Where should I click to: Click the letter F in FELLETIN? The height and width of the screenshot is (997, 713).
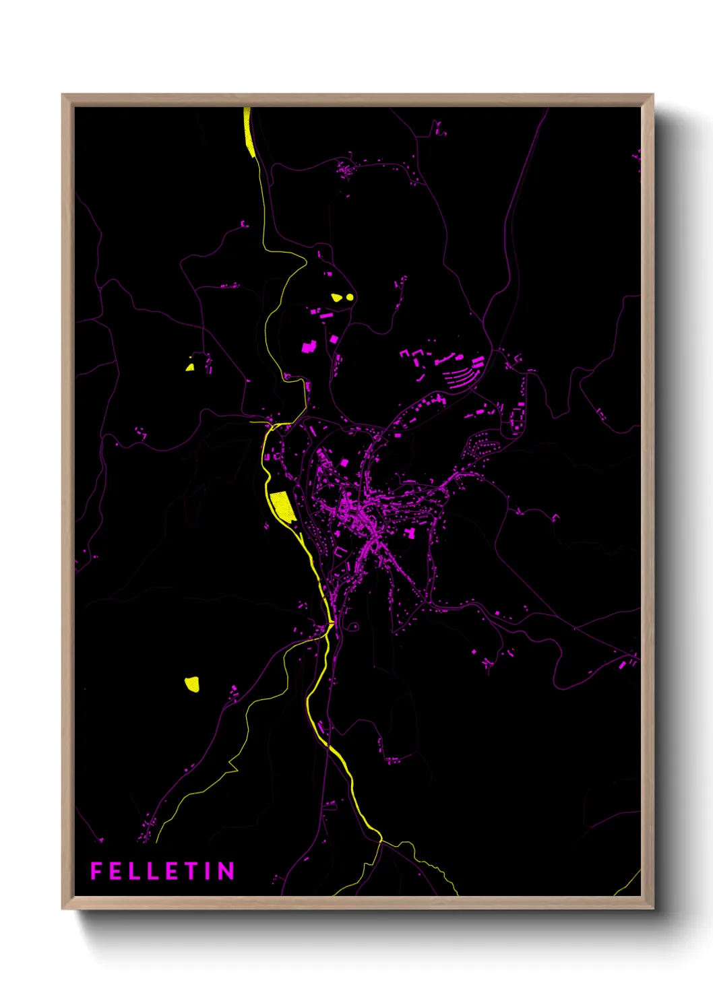(x=96, y=871)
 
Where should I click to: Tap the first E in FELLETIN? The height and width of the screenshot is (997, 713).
(x=115, y=871)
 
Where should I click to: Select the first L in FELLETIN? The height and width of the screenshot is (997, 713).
(x=135, y=871)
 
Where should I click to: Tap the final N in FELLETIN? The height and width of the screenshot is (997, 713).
(x=226, y=871)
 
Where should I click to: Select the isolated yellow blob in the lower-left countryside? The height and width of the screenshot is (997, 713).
(x=192, y=684)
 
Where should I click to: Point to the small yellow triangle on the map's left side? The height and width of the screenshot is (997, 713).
(x=190, y=367)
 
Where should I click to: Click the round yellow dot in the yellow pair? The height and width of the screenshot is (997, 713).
(x=349, y=296)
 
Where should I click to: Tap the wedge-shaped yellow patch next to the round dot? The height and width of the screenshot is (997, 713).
(x=336, y=297)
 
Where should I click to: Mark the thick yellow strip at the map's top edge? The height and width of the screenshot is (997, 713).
(x=249, y=132)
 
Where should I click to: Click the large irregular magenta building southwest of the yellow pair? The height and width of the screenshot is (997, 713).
(x=309, y=347)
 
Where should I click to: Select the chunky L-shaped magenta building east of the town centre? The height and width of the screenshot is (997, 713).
(x=409, y=533)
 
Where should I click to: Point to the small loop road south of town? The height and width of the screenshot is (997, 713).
(x=352, y=626)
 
